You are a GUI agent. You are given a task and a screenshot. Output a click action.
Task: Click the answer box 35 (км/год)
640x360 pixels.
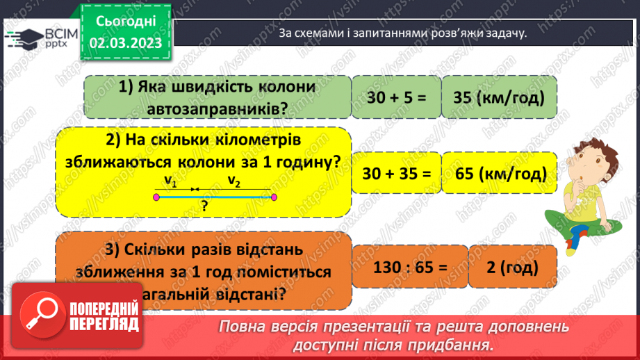499,98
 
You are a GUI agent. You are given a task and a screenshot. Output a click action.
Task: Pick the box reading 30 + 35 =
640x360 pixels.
393,172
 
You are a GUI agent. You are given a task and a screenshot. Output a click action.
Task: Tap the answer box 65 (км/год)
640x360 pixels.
499,172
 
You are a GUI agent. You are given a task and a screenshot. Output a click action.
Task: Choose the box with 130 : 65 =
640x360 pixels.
406,266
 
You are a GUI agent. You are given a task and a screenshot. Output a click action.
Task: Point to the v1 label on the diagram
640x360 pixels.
170,182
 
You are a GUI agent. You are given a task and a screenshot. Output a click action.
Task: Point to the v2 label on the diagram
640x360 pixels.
234,182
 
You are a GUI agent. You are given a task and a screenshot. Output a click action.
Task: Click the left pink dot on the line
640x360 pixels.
157,197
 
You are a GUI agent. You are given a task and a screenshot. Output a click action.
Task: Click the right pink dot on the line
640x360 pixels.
274,197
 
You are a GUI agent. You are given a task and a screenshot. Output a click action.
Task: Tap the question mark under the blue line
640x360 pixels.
205,206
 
